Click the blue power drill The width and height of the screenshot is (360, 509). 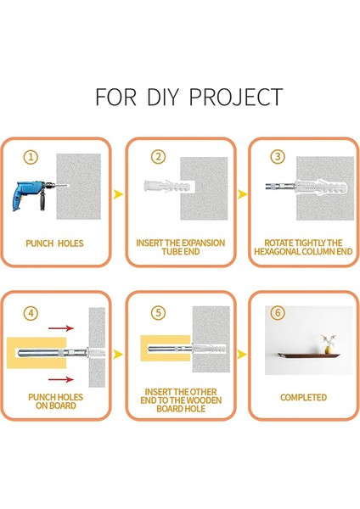[32, 196]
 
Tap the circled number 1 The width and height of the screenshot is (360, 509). [31, 157]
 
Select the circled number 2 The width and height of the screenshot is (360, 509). [158, 157]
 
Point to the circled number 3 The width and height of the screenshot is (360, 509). [278, 156]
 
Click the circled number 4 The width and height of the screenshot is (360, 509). [31, 313]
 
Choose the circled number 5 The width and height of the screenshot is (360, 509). [158, 313]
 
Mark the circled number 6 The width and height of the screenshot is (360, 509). [278, 313]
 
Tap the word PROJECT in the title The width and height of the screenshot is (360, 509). [236, 97]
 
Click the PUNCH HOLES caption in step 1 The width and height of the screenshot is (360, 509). [54, 243]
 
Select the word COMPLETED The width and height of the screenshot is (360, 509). [303, 397]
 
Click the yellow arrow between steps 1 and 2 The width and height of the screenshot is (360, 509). [118, 194]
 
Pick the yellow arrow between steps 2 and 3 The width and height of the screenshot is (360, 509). [242, 194]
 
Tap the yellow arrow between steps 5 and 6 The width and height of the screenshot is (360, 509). [242, 354]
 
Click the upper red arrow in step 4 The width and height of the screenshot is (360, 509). [61, 328]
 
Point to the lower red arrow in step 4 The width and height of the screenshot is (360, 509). [61, 379]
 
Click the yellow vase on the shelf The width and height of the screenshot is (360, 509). [328, 350]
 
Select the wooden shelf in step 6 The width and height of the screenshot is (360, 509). [308, 355]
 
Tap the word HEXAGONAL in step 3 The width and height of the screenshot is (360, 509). [277, 252]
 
